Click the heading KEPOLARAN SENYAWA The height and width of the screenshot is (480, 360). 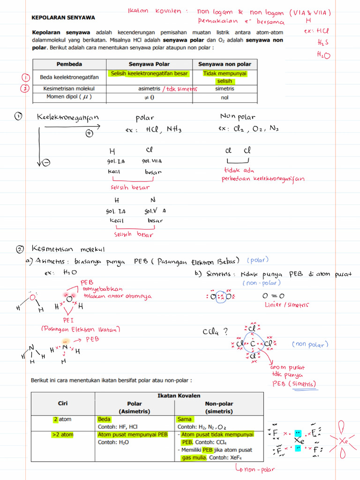[x=63, y=17]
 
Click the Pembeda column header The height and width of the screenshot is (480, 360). [x=69, y=64]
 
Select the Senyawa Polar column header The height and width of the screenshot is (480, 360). [x=149, y=64]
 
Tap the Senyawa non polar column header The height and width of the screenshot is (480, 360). [x=225, y=64]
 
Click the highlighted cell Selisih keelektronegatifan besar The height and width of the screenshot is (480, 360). [x=149, y=74]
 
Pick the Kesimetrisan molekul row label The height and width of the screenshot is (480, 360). [x=69, y=89]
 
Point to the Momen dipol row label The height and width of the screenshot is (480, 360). [x=69, y=97]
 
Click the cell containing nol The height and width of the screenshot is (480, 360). [x=225, y=97]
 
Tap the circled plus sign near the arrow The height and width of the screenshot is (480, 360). [x=90, y=133]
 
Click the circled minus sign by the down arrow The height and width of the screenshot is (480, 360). [x=46, y=163]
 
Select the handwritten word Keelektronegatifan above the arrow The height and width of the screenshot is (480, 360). [x=68, y=118]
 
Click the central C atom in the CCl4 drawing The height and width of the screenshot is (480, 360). [x=253, y=345]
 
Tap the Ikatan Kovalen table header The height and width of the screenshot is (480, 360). [x=179, y=396]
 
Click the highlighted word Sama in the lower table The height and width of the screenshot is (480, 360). [x=184, y=419]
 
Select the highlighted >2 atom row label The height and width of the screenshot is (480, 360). [x=63, y=435]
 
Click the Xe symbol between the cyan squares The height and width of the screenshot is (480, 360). [x=299, y=441]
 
